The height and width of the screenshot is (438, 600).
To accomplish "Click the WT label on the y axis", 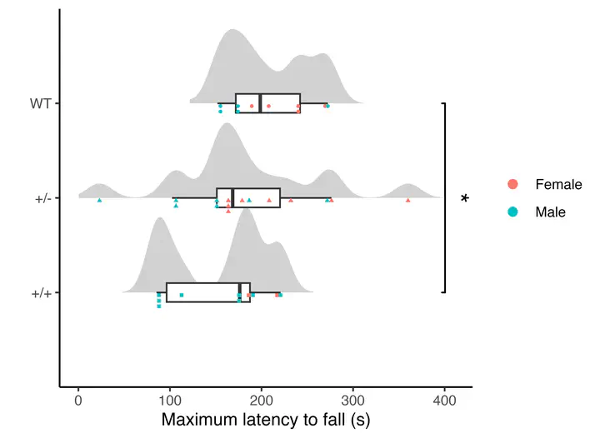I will coord(39,103).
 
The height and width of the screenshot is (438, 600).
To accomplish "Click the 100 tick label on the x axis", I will coord(170,401).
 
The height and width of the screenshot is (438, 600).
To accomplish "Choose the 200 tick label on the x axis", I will coord(261,401).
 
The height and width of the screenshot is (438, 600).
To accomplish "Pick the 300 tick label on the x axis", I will coord(352,401).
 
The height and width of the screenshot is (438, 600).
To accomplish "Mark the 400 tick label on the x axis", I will coord(444,401).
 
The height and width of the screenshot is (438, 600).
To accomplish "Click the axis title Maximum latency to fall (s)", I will coord(265,421).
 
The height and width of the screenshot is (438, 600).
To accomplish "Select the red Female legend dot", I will coord(512,184).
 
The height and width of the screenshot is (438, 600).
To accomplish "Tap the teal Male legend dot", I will coord(512,212).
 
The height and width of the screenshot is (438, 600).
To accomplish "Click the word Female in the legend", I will coord(558,184).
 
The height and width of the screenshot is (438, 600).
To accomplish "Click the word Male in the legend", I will coord(550,212).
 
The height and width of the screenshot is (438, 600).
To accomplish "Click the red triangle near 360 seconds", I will coord(407,201).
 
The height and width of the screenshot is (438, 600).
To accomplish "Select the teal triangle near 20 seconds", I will coord(99,201).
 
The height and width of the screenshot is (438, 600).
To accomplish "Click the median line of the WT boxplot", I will coord(261,103).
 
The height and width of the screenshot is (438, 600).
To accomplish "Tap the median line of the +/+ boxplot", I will coord(240,292).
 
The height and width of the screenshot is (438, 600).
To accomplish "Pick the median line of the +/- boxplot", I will coord(232,198).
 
